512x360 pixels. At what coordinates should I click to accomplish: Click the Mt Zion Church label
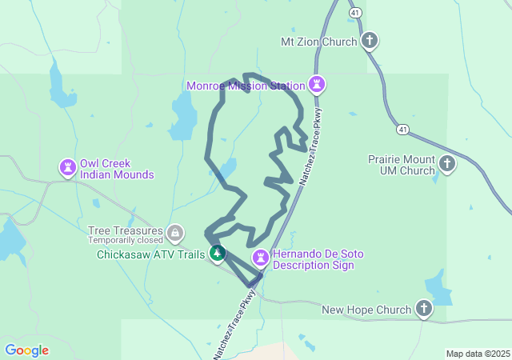point(318,42)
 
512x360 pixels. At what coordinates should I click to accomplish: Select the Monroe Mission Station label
point(246,86)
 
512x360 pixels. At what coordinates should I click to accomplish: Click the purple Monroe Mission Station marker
point(318,83)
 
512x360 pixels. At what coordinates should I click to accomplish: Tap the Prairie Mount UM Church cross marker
point(447,164)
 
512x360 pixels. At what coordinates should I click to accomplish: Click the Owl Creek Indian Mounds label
point(116,168)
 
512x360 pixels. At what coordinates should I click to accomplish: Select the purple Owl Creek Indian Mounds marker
point(67,167)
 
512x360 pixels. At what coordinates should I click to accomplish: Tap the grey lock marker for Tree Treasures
point(175,233)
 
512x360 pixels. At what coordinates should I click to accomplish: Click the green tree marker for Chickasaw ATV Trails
point(217,253)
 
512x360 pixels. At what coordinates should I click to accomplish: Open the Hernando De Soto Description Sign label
point(318,259)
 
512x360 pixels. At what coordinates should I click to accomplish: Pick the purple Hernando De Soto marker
point(260,258)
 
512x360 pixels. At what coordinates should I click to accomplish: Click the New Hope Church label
point(366,310)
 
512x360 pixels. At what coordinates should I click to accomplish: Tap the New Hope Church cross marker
point(424,308)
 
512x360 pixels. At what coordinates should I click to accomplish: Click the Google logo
point(26,350)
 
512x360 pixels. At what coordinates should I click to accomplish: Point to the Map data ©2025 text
point(478,354)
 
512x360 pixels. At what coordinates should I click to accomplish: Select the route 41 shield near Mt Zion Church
point(354,12)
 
